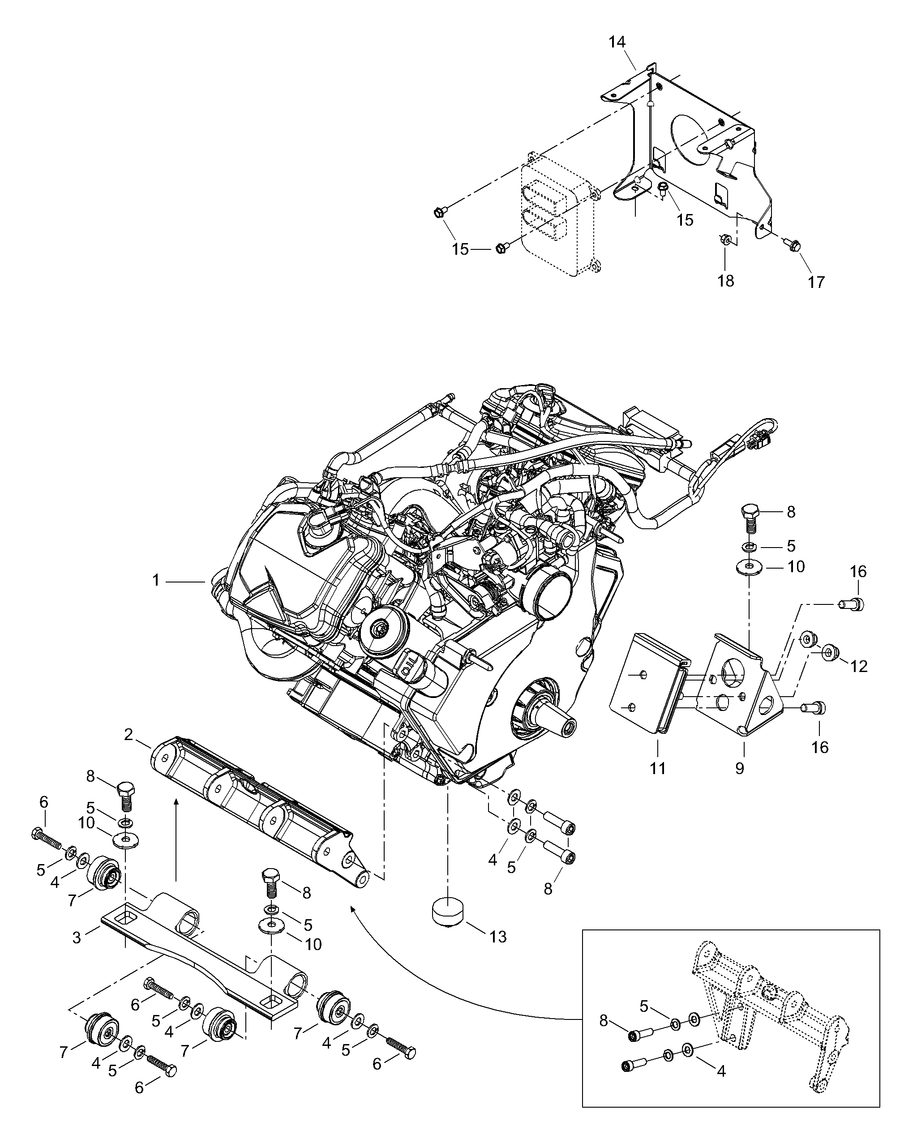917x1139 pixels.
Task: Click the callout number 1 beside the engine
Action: (x=156, y=581)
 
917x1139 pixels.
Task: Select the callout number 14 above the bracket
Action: (x=617, y=42)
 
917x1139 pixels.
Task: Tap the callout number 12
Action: (x=859, y=667)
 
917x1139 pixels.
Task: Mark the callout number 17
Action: (x=816, y=282)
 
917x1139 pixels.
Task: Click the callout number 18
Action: (x=726, y=281)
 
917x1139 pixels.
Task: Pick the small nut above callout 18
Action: (x=725, y=240)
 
